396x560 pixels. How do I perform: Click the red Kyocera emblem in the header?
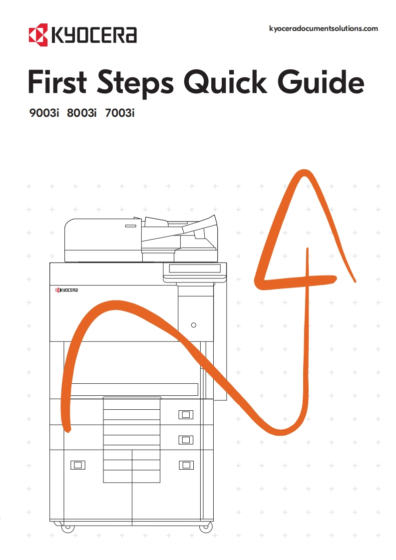38,35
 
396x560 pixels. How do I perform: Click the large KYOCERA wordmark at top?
94,35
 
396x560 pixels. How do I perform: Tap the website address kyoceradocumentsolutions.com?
324,28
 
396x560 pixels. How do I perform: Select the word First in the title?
57,82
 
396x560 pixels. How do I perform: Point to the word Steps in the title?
135,84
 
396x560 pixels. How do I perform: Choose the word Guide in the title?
321,82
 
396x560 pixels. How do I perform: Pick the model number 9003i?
44,113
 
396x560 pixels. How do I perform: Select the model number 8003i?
81,113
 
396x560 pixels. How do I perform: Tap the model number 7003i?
120,113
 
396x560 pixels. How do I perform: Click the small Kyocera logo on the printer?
66,290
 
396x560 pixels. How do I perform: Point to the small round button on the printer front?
194,325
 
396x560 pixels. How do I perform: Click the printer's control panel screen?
195,269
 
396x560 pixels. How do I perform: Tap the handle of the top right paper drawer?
186,415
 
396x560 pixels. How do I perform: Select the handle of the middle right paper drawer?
186,440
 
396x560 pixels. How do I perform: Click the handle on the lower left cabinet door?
78,465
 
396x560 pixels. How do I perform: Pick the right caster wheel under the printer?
206,527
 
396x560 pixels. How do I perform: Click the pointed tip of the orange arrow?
304,172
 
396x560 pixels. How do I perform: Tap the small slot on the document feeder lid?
130,226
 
